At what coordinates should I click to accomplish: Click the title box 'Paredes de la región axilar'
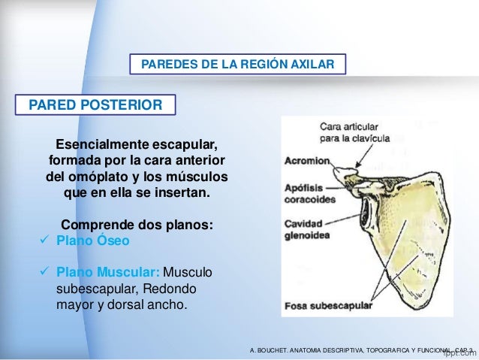point(238,65)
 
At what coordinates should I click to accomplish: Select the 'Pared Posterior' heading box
point(95,104)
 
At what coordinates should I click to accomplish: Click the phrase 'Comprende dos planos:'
point(137,225)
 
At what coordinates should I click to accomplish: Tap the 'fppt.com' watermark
point(460,350)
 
